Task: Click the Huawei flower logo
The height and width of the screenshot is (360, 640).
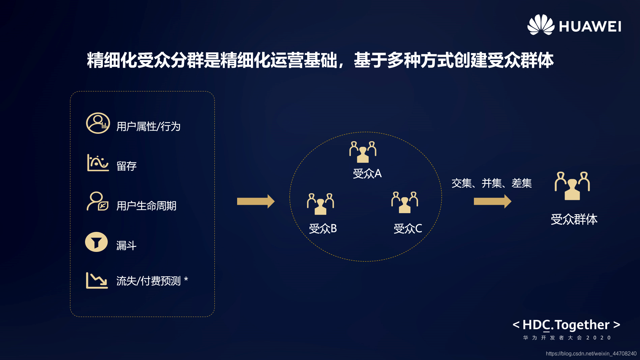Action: [540, 25]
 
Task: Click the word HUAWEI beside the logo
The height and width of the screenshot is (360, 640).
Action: [590, 27]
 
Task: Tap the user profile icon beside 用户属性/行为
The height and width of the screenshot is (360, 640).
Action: [98, 123]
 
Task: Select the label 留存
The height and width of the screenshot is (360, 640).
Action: [126, 166]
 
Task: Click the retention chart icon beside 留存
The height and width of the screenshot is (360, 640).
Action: [97, 163]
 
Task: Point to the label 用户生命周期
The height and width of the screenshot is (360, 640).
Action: [146, 206]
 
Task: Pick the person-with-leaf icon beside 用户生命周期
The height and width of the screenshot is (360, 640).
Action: [97, 202]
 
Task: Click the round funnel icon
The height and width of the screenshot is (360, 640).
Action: [96, 242]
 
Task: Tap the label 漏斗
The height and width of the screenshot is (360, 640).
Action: [126, 246]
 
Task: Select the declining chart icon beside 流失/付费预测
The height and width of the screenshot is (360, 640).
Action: [97, 280]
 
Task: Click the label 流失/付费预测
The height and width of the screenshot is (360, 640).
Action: [148, 281]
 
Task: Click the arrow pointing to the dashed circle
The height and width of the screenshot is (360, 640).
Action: [255, 201]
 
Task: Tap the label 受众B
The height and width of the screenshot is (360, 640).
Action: [323, 229]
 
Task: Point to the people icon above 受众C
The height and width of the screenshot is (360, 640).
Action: [405, 202]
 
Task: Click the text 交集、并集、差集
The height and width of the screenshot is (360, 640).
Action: [491, 183]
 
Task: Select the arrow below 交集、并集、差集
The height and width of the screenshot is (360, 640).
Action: [492, 201]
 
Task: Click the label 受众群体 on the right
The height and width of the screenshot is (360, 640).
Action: [574, 219]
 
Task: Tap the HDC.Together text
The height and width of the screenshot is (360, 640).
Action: [566, 325]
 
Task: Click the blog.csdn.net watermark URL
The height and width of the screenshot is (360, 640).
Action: [591, 354]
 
